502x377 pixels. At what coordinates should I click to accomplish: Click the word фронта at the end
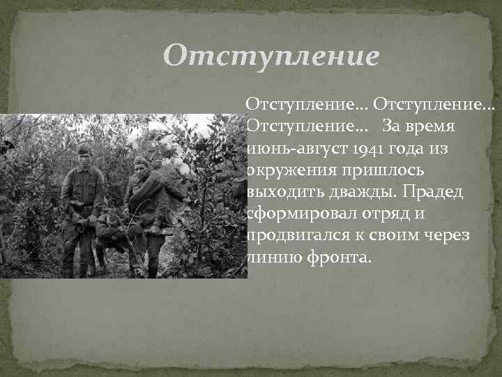pyautogui.click(x=342, y=257)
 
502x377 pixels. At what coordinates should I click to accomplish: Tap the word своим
pyautogui.click(x=402, y=235)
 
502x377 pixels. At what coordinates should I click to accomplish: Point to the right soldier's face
pyautogui.click(x=142, y=168)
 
